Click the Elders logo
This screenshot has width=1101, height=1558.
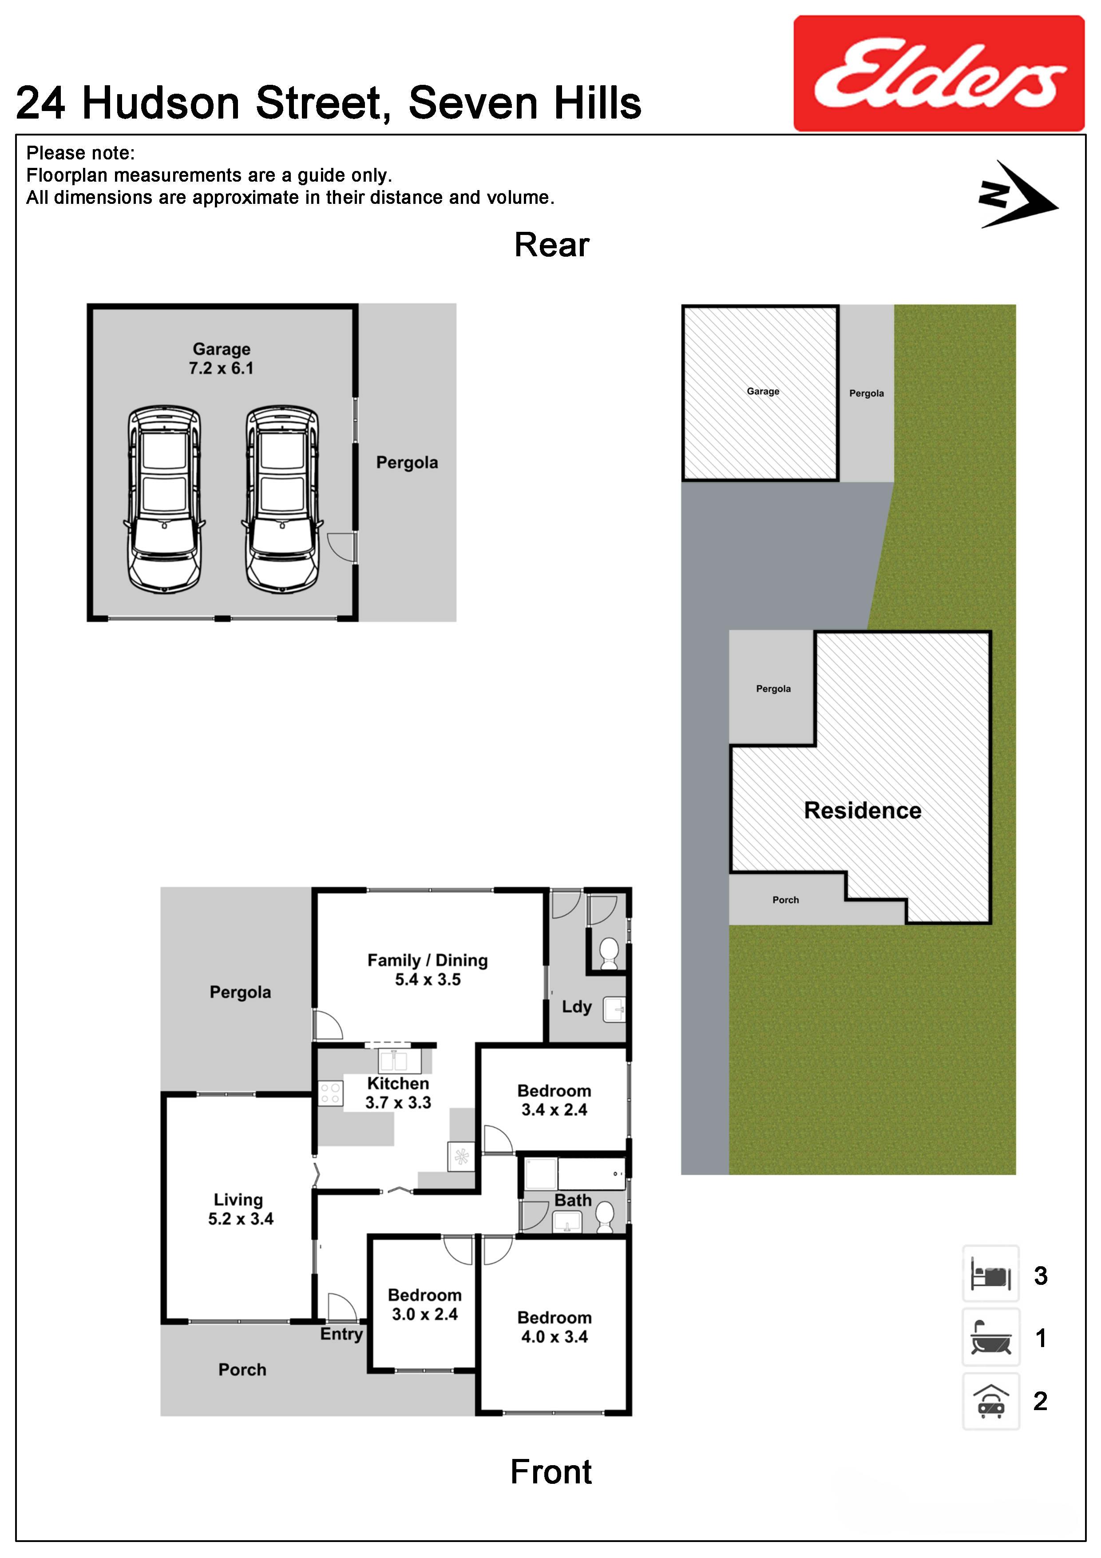click(x=939, y=73)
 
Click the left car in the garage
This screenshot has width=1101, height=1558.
click(x=164, y=500)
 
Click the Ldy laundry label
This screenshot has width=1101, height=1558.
click(x=577, y=1007)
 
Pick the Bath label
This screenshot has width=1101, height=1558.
click(x=573, y=1200)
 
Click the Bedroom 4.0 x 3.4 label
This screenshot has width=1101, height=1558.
click(x=554, y=1327)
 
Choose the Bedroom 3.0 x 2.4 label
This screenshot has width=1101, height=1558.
click(x=425, y=1305)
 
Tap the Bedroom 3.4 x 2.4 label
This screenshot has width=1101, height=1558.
click(x=554, y=1101)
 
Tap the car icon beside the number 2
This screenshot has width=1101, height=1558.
click(x=990, y=1401)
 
